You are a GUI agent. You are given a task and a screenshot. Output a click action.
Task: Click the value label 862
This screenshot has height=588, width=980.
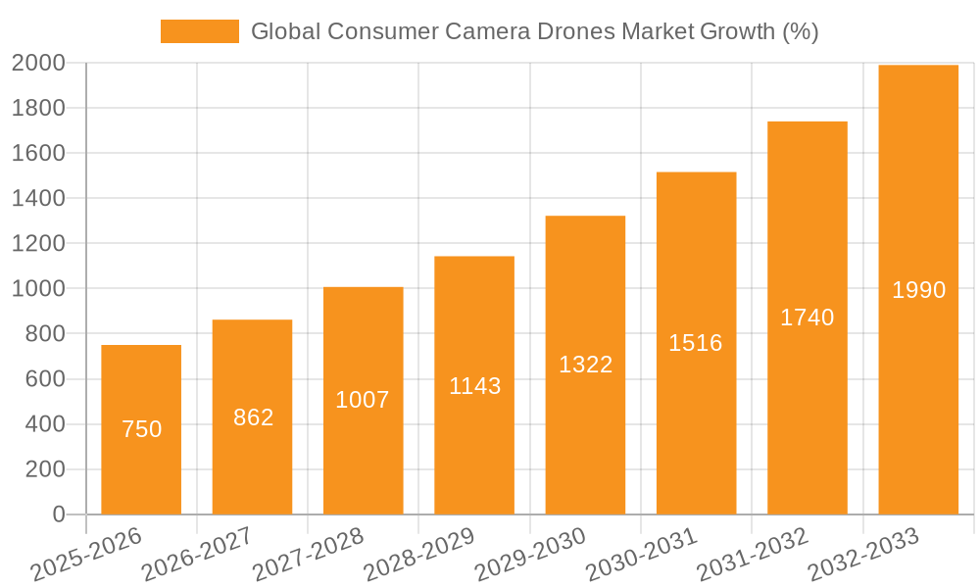[x=253, y=417]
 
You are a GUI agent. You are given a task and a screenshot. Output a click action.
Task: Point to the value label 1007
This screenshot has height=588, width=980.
[x=363, y=400]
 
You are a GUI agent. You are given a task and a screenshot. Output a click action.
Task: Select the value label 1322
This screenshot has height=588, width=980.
[x=585, y=365]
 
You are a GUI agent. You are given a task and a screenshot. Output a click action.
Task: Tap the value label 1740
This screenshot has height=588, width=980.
[x=807, y=318]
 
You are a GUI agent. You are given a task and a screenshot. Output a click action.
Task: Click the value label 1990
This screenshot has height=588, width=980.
[x=918, y=290]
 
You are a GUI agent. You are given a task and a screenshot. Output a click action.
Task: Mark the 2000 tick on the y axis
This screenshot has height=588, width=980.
[x=38, y=64]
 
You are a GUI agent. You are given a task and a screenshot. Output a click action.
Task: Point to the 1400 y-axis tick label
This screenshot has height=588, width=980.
[x=38, y=199]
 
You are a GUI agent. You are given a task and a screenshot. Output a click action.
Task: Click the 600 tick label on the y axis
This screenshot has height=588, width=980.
[x=45, y=379]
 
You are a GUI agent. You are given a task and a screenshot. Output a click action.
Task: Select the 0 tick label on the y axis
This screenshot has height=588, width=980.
[x=59, y=514]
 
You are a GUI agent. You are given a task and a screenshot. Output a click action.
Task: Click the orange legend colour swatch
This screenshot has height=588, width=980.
[x=200, y=31]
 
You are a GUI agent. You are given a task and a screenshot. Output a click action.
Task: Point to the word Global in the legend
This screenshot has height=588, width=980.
[x=285, y=31]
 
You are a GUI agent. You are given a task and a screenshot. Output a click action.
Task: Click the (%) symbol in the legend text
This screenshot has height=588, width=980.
[x=800, y=31]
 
